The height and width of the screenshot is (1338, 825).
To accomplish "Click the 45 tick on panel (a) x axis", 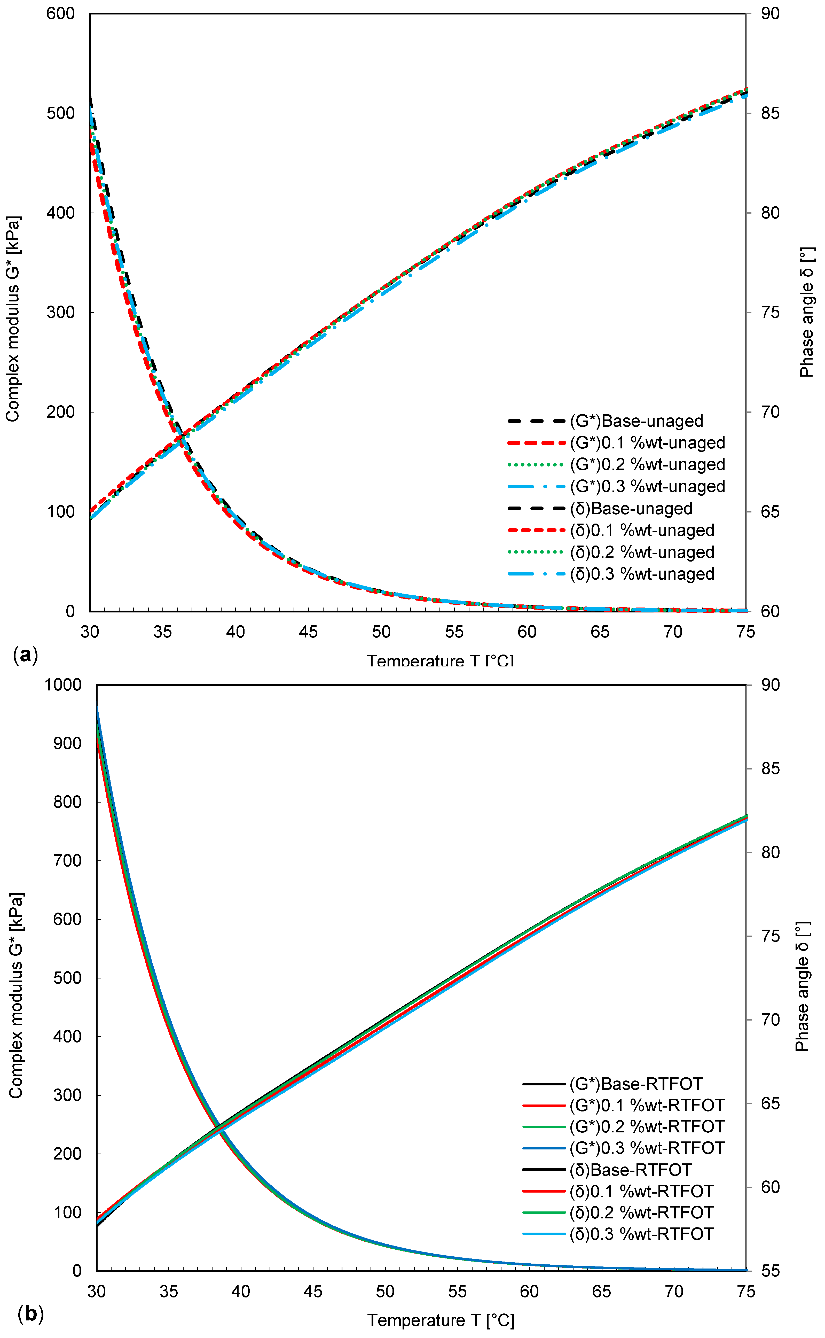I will coord(308,632).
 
